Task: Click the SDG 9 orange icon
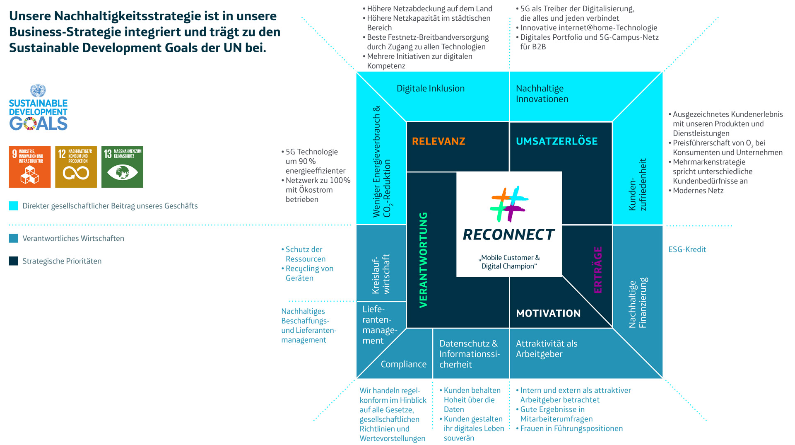click(x=30, y=167)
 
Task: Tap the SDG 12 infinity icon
click(x=76, y=167)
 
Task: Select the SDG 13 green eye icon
click(x=122, y=167)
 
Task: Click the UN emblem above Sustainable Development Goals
click(x=38, y=90)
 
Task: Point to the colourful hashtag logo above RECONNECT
click(x=509, y=204)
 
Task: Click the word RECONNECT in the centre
click(x=509, y=235)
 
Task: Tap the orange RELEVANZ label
click(x=438, y=141)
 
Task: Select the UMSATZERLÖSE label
click(x=556, y=141)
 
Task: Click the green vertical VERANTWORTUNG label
click(x=423, y=260)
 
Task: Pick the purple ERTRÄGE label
click(x=598, y=270)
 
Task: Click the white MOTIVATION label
click(x=548, y=313)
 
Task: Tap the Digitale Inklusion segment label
click(x=431, y=88)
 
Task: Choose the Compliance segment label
click(x=403, y=364)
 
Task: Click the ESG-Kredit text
click(x=687, y=249)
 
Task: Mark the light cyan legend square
click(x=14, y=206)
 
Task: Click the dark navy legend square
click(x=14, y=261)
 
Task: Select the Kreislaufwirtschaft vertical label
click(x=381, y=274)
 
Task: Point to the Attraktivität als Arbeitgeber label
click(x=547, y=348)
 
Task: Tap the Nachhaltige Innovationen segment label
click(x=542, y=94)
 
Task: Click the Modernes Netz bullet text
click(x=698, y=191)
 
